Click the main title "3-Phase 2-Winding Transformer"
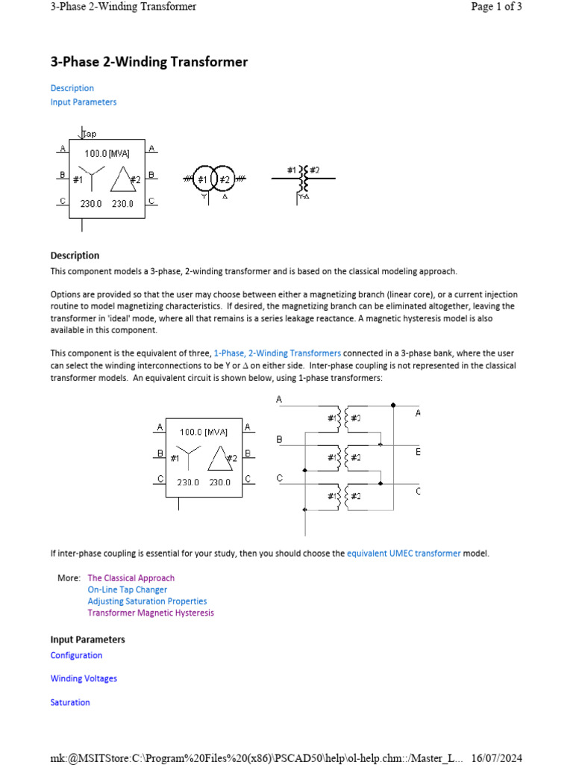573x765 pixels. click(x=148, y=62)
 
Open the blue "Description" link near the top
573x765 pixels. click(x=72, y=88)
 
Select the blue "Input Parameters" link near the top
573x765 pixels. click(x=83, y=102)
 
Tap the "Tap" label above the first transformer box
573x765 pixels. click(x=89, y=134)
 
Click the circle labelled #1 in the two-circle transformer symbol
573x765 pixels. click(x=202, y=179)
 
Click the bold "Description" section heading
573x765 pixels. click(x=75, y=255)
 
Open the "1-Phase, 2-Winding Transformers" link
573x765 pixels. click(x=277, y=353)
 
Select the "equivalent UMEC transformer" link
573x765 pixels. click(x=404, y=554)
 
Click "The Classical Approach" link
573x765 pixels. click(x=131, y=578)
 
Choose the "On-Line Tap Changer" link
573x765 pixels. click(x=127, y=589)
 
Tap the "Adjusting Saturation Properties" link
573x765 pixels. click(x=147, y=601)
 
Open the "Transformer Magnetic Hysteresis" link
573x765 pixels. click(x=150, y=613)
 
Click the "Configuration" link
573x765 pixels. click(x=76, y=655)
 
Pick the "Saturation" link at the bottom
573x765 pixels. click(x=70, y=702)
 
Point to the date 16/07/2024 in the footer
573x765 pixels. click(x=495, y=758)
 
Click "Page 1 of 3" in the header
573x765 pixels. click(x=496, y=7)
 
